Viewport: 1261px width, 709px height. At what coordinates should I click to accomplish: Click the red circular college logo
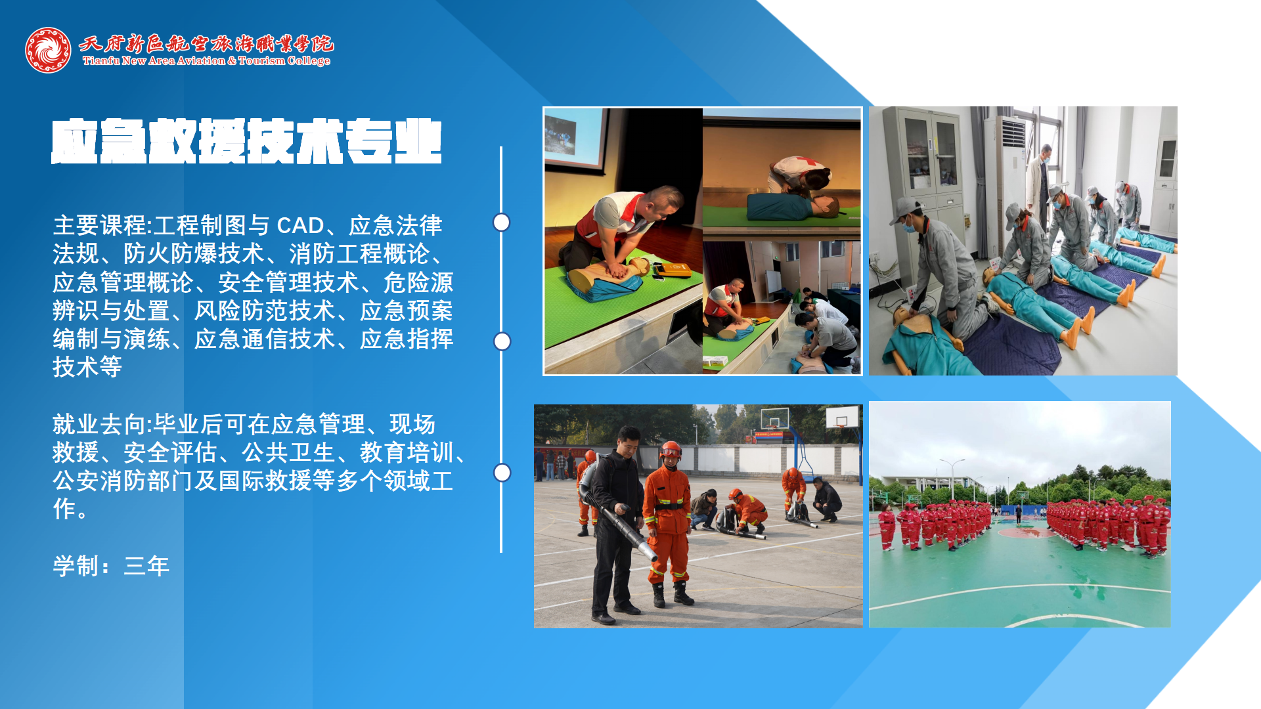pyautogui.click(x=48, y=50)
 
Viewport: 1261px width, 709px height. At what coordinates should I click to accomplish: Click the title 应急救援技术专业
pyautogui.click(x=246, y=141)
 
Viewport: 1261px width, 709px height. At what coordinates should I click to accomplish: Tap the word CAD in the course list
pyautogui.click(x=300, y=226)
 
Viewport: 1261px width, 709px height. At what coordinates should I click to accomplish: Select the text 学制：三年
pyautogui.click(x=111, y=566)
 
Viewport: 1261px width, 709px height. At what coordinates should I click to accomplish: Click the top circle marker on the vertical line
pyautogui.click(x=501, y=223)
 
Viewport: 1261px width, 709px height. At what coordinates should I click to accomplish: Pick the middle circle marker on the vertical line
pyautogui.click(x=502, y=341)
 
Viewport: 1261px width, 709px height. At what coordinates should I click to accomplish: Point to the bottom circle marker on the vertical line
pyautogui.click(x=502, y=473)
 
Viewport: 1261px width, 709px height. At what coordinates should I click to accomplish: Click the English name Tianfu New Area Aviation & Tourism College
pyautogui.click(x=206, y=61)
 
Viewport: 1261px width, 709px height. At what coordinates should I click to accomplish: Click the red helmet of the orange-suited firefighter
pyautogui.click(x=670, y=450)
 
